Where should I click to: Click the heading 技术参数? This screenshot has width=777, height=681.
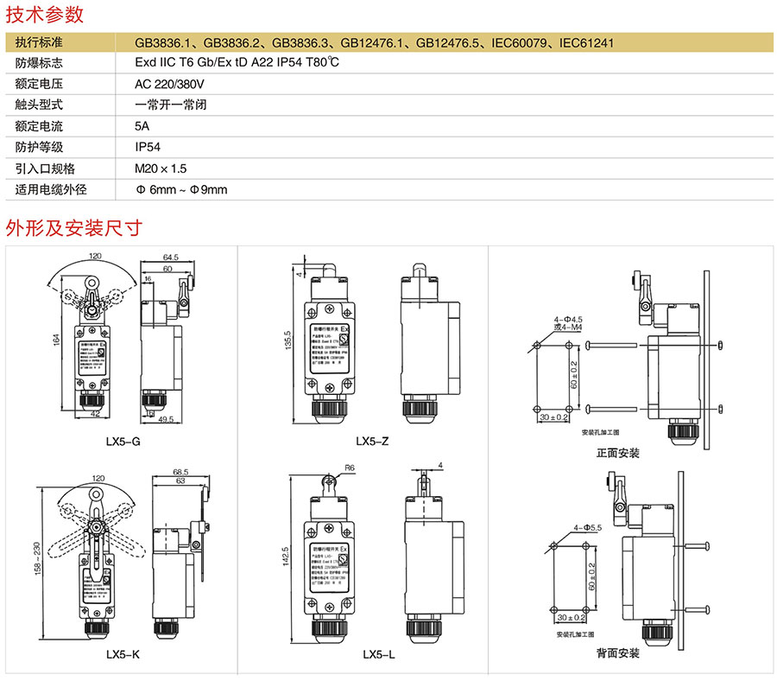coord(45,14)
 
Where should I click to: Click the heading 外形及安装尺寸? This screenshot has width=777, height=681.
coord(73,228)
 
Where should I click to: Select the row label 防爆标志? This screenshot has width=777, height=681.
coord(39,63)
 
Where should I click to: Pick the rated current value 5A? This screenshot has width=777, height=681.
coord(142,126)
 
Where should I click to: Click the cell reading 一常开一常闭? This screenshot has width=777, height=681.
coord(170,105)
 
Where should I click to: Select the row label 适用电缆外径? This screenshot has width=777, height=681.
coord(52,189)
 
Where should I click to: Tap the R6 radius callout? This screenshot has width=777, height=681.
coord(350,468)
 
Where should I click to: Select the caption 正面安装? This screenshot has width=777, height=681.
coord(617,453)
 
